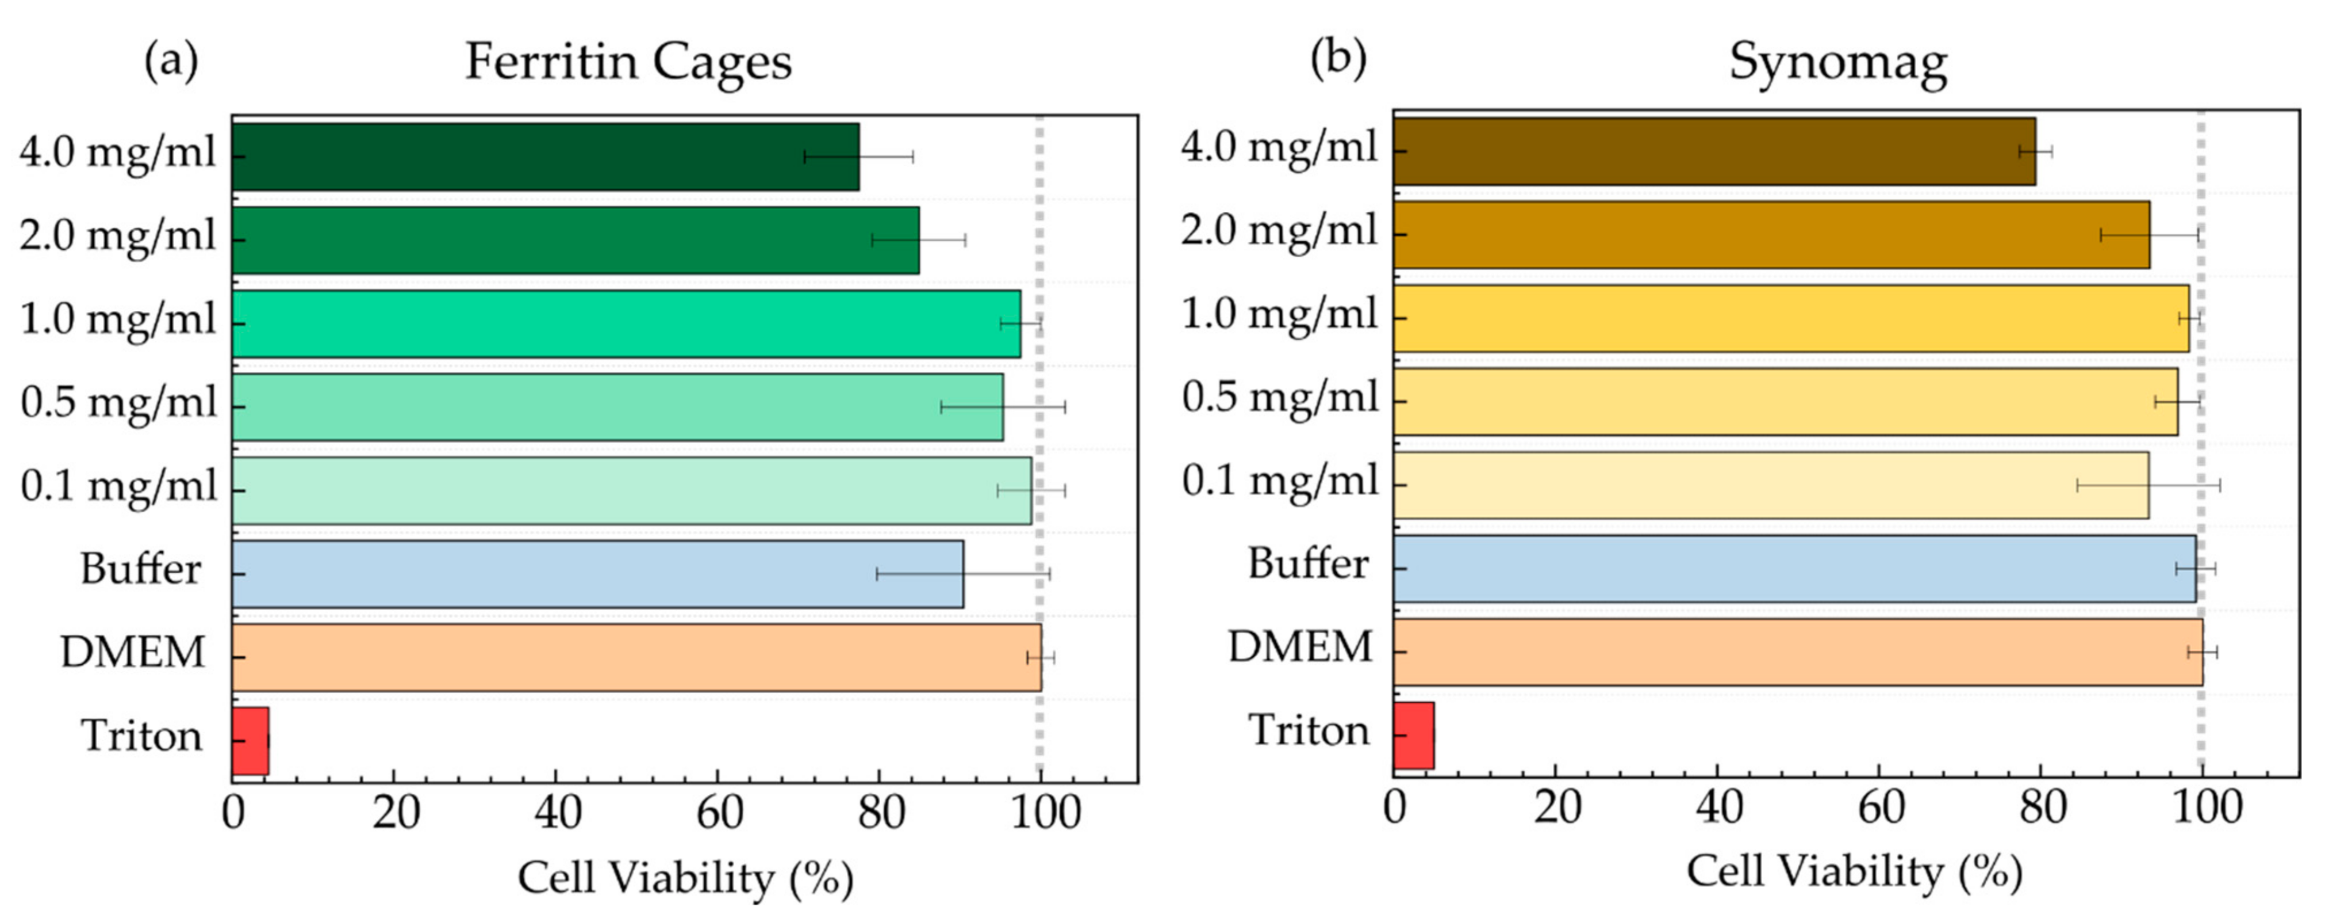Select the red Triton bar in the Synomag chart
coord(1413,735)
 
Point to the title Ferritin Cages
coord(628,62)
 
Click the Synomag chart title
coord(1837,62)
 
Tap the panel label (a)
coord(171,60)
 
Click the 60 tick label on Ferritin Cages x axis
coord(719,813)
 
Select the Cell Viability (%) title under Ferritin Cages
coord(685,877)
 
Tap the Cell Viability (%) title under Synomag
coord(1854,871)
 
